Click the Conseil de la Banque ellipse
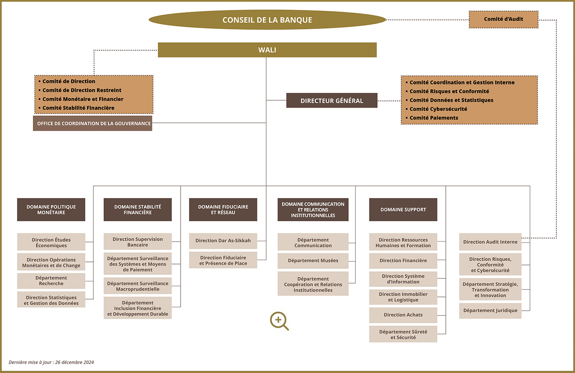pos(267,20)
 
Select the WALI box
pos(267,50)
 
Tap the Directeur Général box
pos(332,100)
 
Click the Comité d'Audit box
pos(503,19)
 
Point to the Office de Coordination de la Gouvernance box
pos(92,123)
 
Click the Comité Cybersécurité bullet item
pos(436,109)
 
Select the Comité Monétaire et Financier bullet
pos(81,99)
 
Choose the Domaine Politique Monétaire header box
pos(51,210)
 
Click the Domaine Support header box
pos(403,210)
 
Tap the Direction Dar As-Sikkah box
pos(223,241)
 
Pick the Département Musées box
pos(313,261)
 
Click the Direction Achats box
pos(403,315)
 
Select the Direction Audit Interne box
pos(490,242)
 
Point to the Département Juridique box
pos(490,311)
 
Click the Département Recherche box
pos(51,281)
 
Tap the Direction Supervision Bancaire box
pos(137,242)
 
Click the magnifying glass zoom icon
pos(279,321)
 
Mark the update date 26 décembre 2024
pos(74,362)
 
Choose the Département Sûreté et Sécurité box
pos(403,334)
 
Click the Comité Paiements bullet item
pos(432,118)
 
